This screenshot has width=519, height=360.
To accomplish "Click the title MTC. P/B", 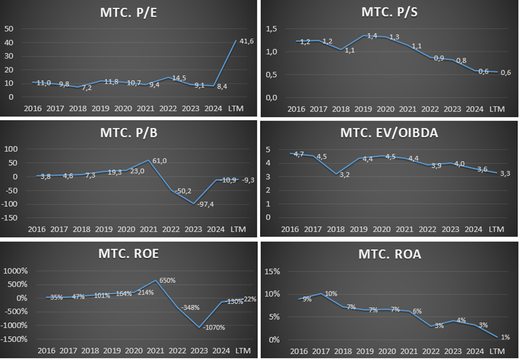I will tap(129, 133).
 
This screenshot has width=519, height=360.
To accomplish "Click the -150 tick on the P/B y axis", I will tap(11, 218).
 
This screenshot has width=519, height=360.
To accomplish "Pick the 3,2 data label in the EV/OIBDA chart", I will tap(345, 174).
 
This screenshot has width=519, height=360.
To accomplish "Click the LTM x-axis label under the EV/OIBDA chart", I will tap(496, 229).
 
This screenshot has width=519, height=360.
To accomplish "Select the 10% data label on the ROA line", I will tap(330, 294).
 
